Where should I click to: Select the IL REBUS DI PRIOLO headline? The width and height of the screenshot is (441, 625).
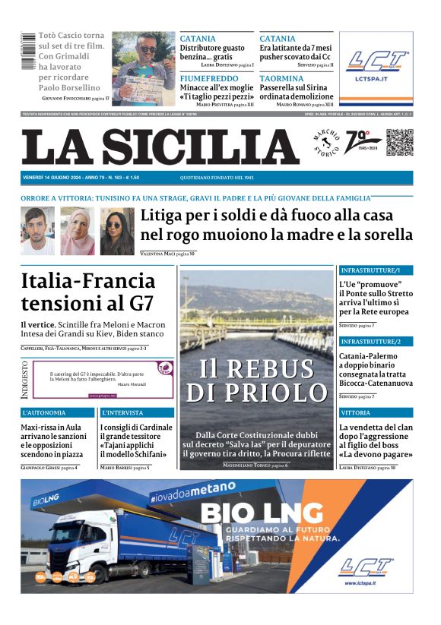point(257,380)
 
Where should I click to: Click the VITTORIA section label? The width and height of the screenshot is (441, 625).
point(356,412)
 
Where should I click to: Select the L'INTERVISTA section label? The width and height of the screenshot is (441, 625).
point(124,412)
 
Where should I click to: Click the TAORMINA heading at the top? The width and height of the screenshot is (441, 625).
point(281,78)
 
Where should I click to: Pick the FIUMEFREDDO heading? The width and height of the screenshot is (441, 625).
point(209,78)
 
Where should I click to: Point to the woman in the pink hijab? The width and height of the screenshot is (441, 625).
point(77,231)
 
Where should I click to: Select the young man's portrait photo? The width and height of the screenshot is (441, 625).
point(37,231)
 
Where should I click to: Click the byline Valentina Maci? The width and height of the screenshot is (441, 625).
point(157,253)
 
